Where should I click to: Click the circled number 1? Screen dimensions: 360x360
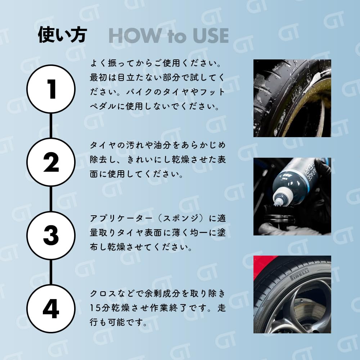[x=51, y=89]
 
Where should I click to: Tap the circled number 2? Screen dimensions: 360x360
[x=51, y=162]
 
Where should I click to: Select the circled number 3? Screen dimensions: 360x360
[x=51, y=235]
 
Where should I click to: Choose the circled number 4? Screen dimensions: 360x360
[x=51, y=309]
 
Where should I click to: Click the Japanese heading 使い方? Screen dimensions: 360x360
[x=62, y=35]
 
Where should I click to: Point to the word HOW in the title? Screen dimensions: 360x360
[x=135, y=36]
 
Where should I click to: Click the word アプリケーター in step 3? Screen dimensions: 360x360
[x=121, y=219]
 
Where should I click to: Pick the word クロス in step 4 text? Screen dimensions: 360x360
[x=103, y=294]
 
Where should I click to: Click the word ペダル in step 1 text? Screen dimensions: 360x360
[x=103, y=107]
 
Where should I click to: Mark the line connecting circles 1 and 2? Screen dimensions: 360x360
[x=51, y=126]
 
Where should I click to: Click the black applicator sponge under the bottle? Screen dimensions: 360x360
[x=279, y=213]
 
